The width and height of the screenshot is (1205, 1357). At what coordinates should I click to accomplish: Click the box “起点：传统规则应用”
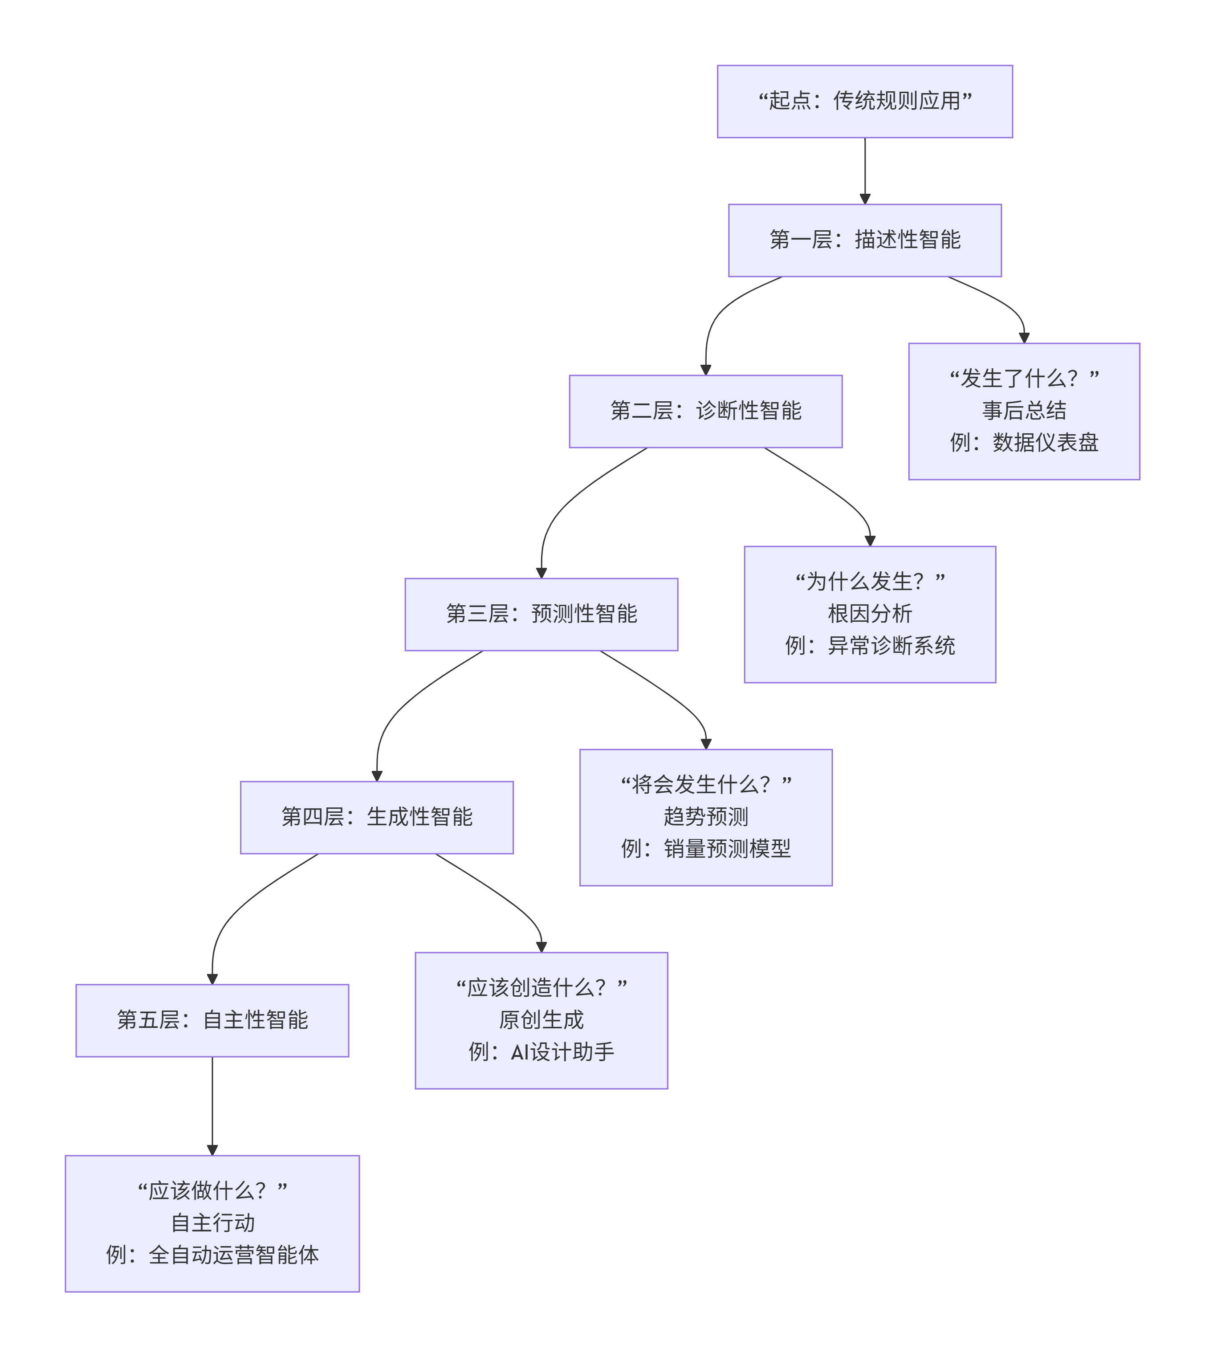864,102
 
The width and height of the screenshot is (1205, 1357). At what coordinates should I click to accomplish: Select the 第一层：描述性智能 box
864,240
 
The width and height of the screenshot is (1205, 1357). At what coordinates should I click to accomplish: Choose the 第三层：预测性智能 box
541,615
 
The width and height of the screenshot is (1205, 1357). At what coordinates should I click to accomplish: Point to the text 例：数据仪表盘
1024,443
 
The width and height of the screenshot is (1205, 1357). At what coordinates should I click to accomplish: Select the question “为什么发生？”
870,582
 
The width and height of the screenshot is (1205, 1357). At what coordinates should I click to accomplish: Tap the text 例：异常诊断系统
870,646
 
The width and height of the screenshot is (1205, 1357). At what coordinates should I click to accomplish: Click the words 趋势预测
706,817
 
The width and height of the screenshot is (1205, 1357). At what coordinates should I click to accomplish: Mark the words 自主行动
212,1223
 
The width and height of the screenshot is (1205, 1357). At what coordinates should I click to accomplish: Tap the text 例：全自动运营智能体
212,1255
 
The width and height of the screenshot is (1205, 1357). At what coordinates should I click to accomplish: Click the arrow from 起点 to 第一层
864,169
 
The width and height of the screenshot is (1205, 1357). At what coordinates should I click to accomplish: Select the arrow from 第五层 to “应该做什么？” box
212,1105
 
